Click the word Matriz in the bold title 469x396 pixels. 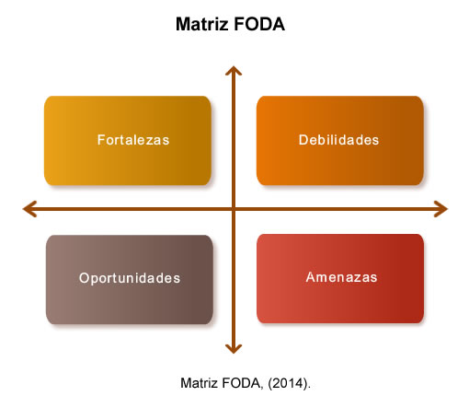click(202, 24)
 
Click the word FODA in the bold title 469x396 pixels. click(259, 24)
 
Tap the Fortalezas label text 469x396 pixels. click(133, 140)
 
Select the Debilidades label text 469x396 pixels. click(338, 140)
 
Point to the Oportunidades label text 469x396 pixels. click(130, 278)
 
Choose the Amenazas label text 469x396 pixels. click(341, 277)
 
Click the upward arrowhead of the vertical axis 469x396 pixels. click(234, 71)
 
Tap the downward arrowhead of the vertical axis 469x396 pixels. click(234, 349)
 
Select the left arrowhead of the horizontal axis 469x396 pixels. click(29, 209)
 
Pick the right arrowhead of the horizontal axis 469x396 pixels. click(440, 209)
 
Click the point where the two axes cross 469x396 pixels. click(234, 209)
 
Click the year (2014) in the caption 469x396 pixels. click(290, 383)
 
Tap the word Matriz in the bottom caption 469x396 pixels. click(200, 383)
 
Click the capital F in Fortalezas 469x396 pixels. click(101, 140)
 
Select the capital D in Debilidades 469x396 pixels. click(303, 140)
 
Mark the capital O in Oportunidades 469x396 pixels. click(84, 278)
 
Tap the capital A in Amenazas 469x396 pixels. click(311, 277)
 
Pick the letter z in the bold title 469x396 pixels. click(223, 26)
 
